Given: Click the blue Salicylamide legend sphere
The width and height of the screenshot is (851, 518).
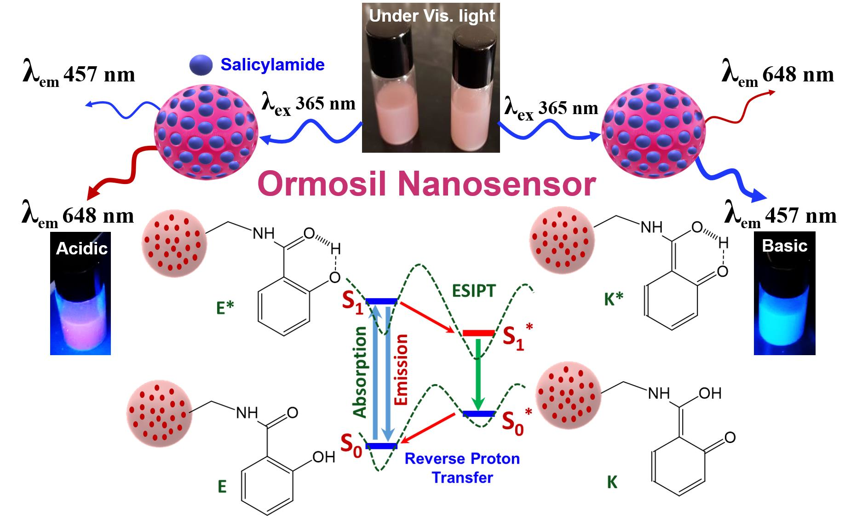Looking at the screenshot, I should [201, 65].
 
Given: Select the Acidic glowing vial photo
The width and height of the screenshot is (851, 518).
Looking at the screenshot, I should [80, 294].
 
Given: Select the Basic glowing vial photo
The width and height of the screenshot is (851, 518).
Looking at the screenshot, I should [784, 294].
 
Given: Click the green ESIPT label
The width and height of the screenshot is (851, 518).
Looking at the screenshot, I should [473, 291].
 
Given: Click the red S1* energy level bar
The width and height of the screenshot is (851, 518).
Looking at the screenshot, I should [478, 333].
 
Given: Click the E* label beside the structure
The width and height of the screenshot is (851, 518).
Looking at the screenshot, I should [225, 308].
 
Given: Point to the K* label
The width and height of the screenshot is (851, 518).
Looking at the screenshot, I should [613, 299].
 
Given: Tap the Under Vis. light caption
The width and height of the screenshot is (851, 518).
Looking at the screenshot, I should [431, 16].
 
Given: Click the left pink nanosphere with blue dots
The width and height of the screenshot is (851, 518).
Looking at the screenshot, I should [206, 133].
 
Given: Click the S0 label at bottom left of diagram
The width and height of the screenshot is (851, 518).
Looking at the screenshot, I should [351, 444].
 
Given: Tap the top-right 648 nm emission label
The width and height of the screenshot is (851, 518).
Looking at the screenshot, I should [777, 75].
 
